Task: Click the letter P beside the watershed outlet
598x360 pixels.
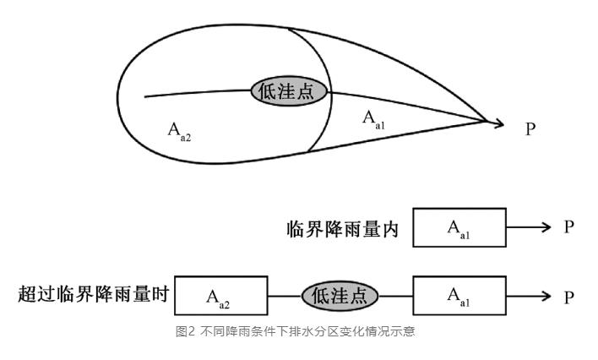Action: (x=530, y=128)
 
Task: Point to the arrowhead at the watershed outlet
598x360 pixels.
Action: (x=498, y=123)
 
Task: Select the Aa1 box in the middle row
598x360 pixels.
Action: (x=459, y=228)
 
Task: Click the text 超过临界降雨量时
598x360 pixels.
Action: (x=94, y=295)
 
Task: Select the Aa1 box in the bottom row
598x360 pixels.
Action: (x=459, y=296)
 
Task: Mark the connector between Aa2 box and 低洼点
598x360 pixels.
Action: (x=285, y=296)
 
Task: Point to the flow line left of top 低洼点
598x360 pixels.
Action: (x=198, y=94)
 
